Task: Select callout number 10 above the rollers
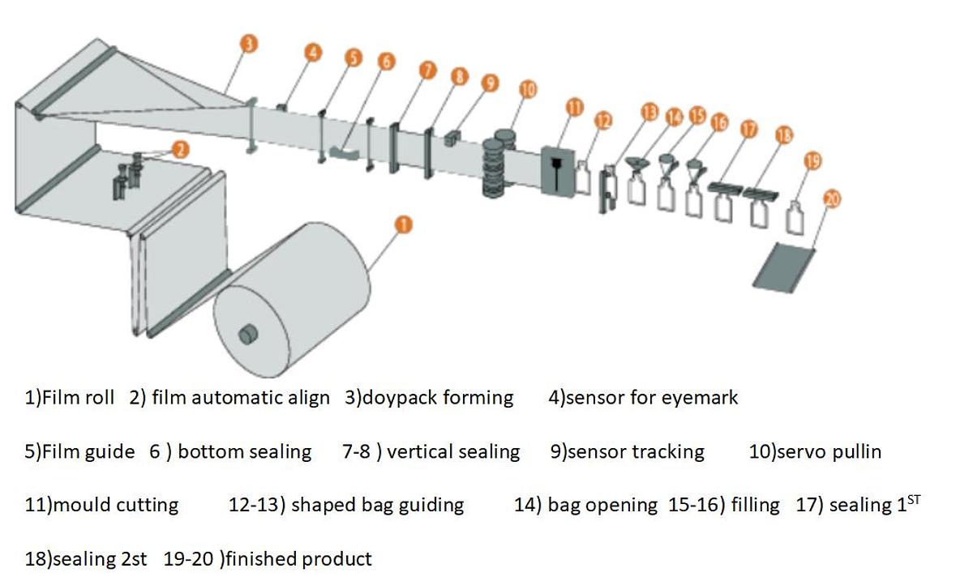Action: point(528,89)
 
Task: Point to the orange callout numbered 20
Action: point(831,198)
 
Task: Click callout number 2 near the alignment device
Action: point(181,149)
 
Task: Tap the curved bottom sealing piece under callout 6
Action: point(347,152)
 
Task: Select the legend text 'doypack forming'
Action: point(438,398)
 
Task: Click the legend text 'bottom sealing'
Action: point(244,451)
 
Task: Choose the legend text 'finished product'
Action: point(301,558)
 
